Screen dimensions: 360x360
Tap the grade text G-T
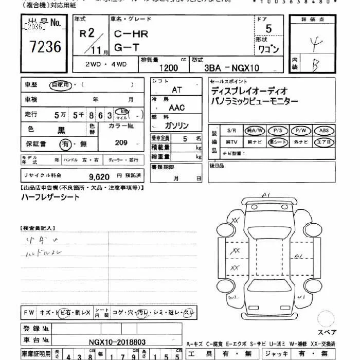125,49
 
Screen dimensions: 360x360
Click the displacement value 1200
168,67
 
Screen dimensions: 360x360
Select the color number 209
121,143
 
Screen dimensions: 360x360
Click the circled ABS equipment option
324,131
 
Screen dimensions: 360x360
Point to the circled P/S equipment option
278,131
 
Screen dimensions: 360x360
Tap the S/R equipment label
231,131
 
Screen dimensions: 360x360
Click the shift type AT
176,89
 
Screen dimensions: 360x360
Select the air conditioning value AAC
176,107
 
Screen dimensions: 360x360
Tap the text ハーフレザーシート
50,197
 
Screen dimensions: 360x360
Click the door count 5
268,29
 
